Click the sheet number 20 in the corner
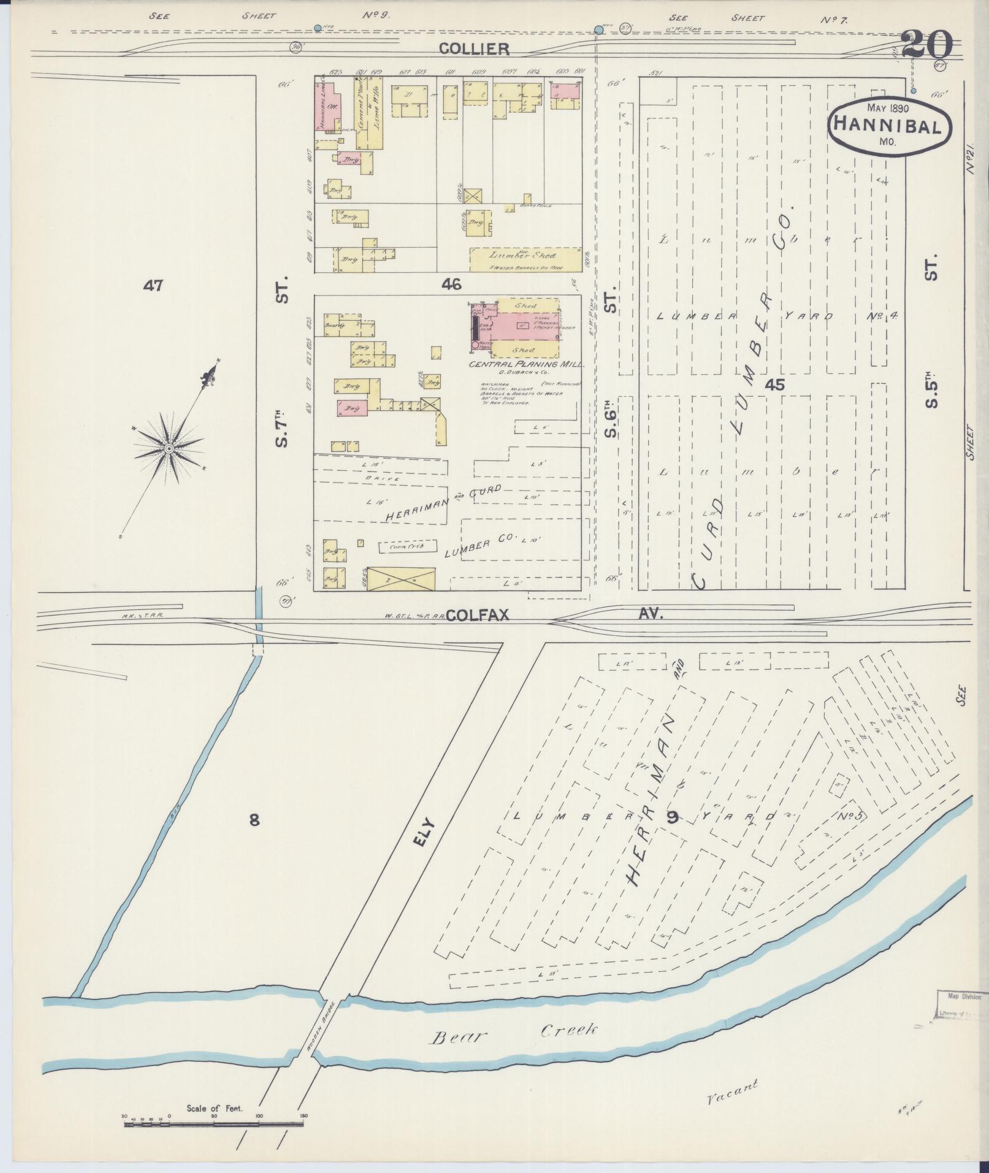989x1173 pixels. tap(926, 44)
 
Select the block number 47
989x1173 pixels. tap(153, 285)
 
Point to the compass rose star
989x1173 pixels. tap(168, 449)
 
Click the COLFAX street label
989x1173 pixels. tap(478, 615)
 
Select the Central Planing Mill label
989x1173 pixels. tap(526, 364)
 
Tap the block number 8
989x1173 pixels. tap(254, 820)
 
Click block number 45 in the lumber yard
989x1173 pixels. tap(775, 385)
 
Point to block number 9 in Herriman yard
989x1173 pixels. tap(673, 816)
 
